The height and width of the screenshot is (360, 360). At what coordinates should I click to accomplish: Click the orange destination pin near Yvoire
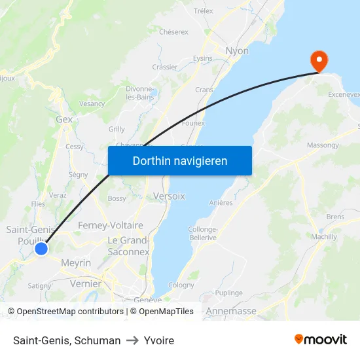click(x=319, y=60)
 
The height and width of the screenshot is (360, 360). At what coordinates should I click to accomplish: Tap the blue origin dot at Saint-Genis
click(x=41, y=249)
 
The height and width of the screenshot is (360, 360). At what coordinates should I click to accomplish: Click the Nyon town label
click(x=236, y=50)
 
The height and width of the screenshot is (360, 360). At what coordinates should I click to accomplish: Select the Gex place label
click(x=64, y=119)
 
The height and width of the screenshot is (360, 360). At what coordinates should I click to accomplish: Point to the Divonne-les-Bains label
click(x=139, y=93)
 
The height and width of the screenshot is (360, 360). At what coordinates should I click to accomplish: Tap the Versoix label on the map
click(x=169, y=196)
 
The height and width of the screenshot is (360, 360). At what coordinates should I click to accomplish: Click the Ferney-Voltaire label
click(x=110, y=225)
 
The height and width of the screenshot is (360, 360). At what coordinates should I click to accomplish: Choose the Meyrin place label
click(x=76, y=262)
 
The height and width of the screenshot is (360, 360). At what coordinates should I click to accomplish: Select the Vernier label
click(x=86, y=283)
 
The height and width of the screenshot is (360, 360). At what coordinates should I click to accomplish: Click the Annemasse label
click(x=231, y=311)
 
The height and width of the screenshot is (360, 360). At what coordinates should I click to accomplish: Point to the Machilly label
click(x=325, y=236)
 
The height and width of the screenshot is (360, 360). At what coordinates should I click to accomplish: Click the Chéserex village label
click(x=173, y=31)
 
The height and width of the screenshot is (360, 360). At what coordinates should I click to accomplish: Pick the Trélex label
click(x=204, y=10)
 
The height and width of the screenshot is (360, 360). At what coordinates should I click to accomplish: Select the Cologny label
click(x=181, y=285)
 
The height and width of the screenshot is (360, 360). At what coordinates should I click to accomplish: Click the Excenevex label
click(x=344, y=94)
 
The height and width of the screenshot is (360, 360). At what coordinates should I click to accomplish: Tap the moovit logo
click(x=321, y=340)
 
